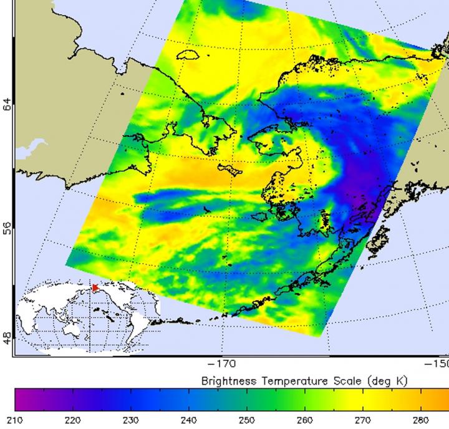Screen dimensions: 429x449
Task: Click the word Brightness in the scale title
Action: tap(228, 380)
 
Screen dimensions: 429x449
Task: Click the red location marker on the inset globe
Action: tap(95, 287)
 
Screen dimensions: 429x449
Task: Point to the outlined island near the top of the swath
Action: tap(188, 55)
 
